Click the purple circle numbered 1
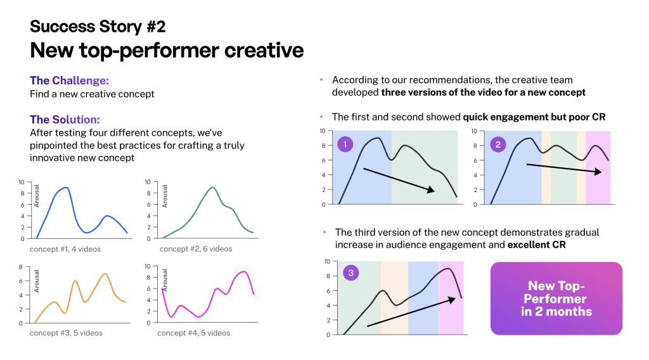[345, 145]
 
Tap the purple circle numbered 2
[498, 145]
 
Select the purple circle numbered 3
[351, 273]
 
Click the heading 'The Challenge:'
[69, 80]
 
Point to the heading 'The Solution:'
[65, 120]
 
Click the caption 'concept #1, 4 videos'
[65, 249]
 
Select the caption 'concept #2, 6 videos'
[196, 248]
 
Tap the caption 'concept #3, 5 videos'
[66, 333]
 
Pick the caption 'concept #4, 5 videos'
[194, 333]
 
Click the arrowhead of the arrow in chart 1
[431, 190]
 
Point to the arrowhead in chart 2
[598, 171]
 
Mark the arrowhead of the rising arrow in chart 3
[452, 300]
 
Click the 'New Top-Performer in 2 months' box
[556, 299]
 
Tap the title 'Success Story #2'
[98, 27]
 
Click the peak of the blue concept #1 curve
[66, 188]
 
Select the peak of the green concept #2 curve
[212, 188]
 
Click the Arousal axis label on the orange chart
[36, 281]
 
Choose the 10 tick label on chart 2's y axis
[474, 131]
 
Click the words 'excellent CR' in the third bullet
[536, 245]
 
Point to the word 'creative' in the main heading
[264, 51]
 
